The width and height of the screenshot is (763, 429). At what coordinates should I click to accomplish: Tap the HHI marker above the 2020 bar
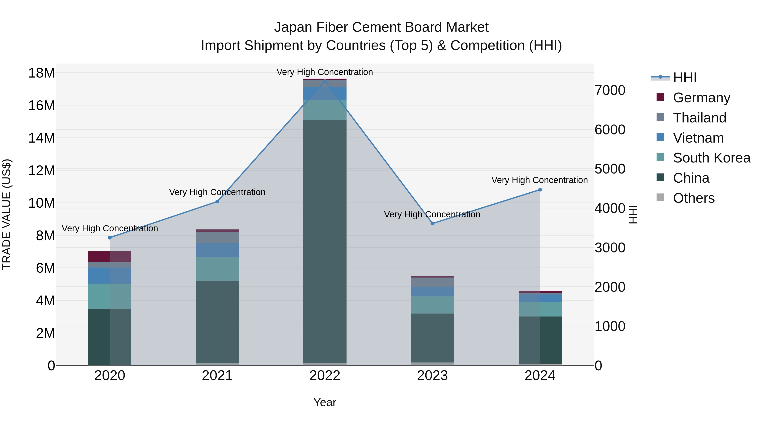coord(110,238)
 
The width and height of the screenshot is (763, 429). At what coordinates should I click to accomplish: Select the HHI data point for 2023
coord(432,224)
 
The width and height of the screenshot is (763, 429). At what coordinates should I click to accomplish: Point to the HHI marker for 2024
coord(540,190)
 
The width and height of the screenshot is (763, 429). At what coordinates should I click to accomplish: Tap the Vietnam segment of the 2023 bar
coord(432,292)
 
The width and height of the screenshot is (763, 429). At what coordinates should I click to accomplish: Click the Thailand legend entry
coord(699,118)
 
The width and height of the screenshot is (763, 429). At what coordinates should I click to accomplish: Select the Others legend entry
coord(693,198)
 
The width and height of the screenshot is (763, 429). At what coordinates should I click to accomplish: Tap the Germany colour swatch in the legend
coord(660,97)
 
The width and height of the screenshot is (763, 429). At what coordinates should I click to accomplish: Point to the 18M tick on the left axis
coord(42,73)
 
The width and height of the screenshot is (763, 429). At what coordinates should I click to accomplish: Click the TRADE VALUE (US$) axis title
coord(7,214)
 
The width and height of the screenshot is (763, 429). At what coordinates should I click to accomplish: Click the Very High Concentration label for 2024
coord(539,180)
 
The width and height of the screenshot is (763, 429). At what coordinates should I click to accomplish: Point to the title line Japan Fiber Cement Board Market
coord(381,27)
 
